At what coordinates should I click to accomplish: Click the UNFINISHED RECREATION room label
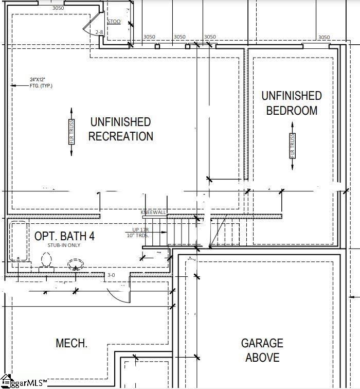coord(121,129)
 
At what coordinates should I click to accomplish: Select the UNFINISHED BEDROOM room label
coord(292,103)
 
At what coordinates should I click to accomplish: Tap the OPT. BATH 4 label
coord(64,236)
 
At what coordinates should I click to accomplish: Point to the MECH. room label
coord(71,343)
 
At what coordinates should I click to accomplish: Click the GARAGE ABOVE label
coord(262,350)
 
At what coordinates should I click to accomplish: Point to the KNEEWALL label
coord(153,212)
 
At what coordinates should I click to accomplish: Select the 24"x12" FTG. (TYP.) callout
coord(40,82)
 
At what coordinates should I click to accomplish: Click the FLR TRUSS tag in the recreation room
coord(71,132)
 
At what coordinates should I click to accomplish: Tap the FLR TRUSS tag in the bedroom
coord(292,146)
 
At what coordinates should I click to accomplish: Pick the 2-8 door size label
coord(100,32)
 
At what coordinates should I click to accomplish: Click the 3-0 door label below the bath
coord(111,276)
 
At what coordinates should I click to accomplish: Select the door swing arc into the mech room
coord(116,296)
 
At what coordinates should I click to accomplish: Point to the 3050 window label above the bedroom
coord(323,37)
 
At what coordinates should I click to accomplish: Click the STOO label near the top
coord(114,22)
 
